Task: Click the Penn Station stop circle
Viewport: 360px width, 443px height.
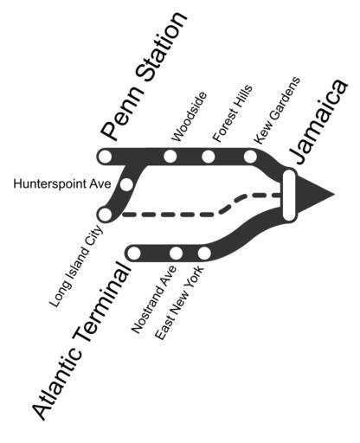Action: (x=104, y=157)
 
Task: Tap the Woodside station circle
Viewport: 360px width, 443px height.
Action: (x=170, y=157)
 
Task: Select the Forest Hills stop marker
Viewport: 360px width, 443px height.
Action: (x=209, y=157)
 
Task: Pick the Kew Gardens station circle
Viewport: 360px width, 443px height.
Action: (x=250, y=157)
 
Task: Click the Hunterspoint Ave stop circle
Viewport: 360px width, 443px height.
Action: (x=126, y=184)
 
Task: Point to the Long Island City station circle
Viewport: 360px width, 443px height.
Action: (x=105, y=215)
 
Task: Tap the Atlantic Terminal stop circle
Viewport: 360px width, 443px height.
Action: (x=133, y=254)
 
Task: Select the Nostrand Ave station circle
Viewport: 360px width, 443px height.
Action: (x=176, y=254)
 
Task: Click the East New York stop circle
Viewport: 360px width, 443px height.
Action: (x=204, y=254)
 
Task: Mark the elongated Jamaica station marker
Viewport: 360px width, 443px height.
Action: (x=290, y=196)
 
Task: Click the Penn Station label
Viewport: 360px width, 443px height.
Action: (x=144, y=75)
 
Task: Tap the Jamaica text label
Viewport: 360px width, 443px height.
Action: (x=318, y=121)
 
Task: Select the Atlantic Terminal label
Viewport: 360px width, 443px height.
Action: (x=81, y=340)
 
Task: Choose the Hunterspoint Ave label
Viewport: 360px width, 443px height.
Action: (x=62, y=183)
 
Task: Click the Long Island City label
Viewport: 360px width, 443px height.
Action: (x=76, y=266)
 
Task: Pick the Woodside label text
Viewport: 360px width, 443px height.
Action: (x=190, y=117)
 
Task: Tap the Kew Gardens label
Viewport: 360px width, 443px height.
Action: (x=277, y=111)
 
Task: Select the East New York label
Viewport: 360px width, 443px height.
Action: (x=179, y=303)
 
